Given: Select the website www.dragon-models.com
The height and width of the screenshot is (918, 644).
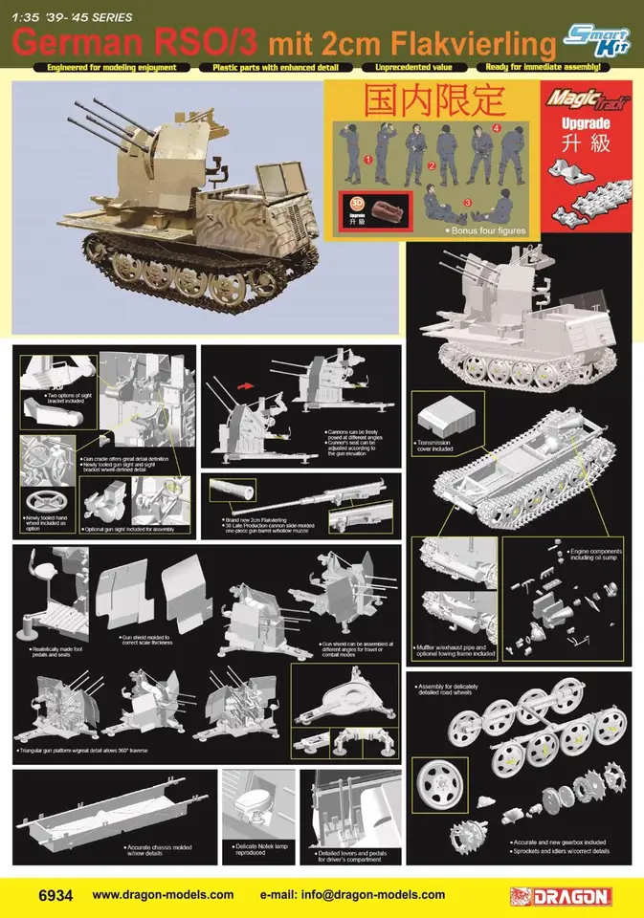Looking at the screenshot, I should coord(163,895).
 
